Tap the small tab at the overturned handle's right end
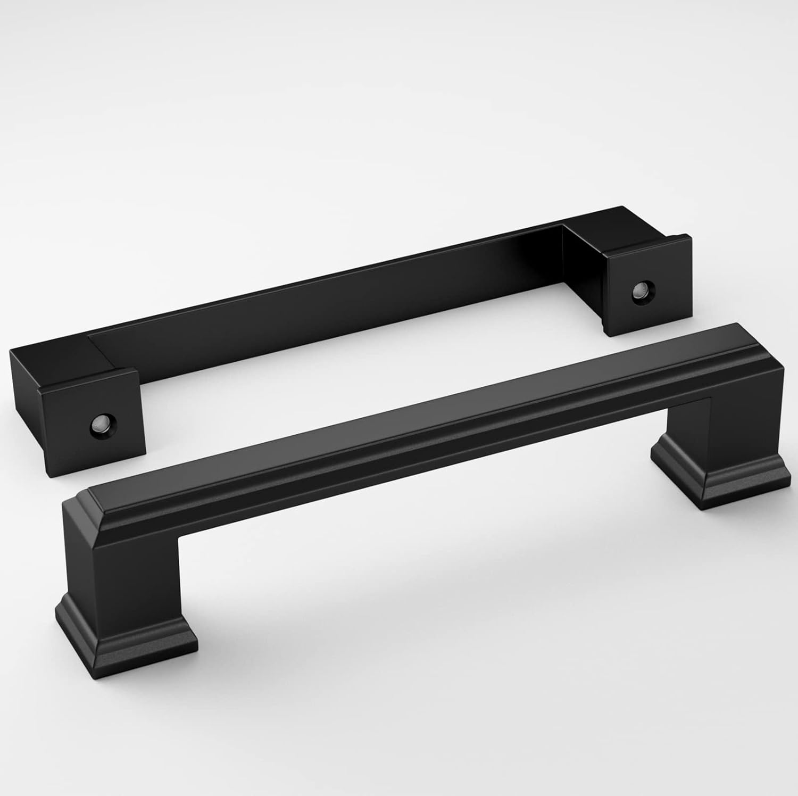[681, 239]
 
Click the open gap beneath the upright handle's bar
[426, 532]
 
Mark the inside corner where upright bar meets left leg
[178, 524]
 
